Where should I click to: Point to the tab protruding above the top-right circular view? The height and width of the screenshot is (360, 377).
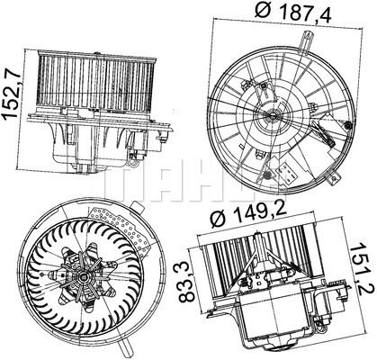coord(307,44)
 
